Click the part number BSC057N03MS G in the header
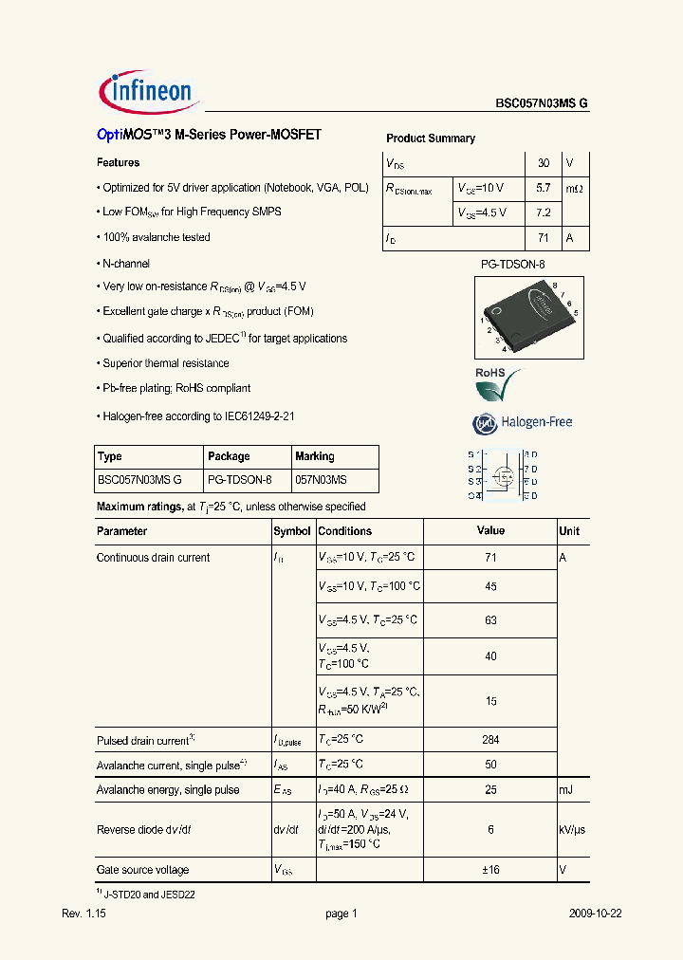(x=542, y=105)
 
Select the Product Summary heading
(x=430, y=138)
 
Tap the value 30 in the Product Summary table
(x=544, y=163)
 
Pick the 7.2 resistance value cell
(x=544, y=213)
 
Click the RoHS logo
(x=497, y=384)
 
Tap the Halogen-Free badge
(x=523, y=423)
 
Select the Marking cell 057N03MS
(x=321, y=481)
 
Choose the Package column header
(x=229, y=456)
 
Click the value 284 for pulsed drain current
(x=490, y=739)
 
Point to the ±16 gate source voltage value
(x=490, y=870)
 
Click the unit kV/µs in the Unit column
(x=571, y=829)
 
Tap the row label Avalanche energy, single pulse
(x=168, y=790)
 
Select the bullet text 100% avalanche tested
(x=157, y=237)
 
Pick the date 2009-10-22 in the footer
(x=595, y=914)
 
